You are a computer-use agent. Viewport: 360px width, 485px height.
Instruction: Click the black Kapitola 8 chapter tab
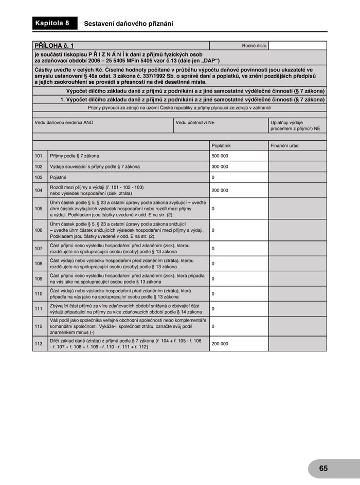pyautogui.click(x=52, y=23)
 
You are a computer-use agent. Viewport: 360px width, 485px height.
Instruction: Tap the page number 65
pyautogui.click(x=323, y=468)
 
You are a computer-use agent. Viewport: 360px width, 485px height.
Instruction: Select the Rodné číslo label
pyautogui.click(x=254, y=46)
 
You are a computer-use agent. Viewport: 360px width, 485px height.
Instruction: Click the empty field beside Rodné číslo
pyautogui.click(x=297, y=46)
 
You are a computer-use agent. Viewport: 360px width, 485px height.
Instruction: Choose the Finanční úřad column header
pyautogui.click(x=284, y=146)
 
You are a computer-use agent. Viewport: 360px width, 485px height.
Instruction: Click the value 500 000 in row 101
pyautogui.click(x=220, y=156)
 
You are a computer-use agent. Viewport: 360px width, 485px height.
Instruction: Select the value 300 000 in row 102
pyautogui.click(x=220, y=166)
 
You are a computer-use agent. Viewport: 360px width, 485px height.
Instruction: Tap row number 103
pyautogui.click(x=39, y=177)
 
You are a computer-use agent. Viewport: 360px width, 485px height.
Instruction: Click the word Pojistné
pyautogui.click(x=59, y=177)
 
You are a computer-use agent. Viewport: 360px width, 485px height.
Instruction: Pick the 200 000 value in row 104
pyautogui.click(x=220, y=190)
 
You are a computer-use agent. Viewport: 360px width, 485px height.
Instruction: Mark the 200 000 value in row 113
pyautogui.click(x=220, y=344)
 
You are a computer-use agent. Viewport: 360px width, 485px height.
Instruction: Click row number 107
pyautogui.click(x=39, y=249)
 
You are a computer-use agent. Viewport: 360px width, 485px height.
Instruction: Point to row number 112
pyautogui.click(x=39, y=326)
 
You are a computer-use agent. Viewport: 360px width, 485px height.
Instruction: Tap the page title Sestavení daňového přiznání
pyautogui.click(x=129, y=24)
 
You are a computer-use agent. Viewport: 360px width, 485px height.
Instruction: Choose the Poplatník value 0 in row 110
pyautogui.click(x=213, y=294)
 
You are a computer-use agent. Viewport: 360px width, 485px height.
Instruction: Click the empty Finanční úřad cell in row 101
pyautogui.click(x=297, y=156)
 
